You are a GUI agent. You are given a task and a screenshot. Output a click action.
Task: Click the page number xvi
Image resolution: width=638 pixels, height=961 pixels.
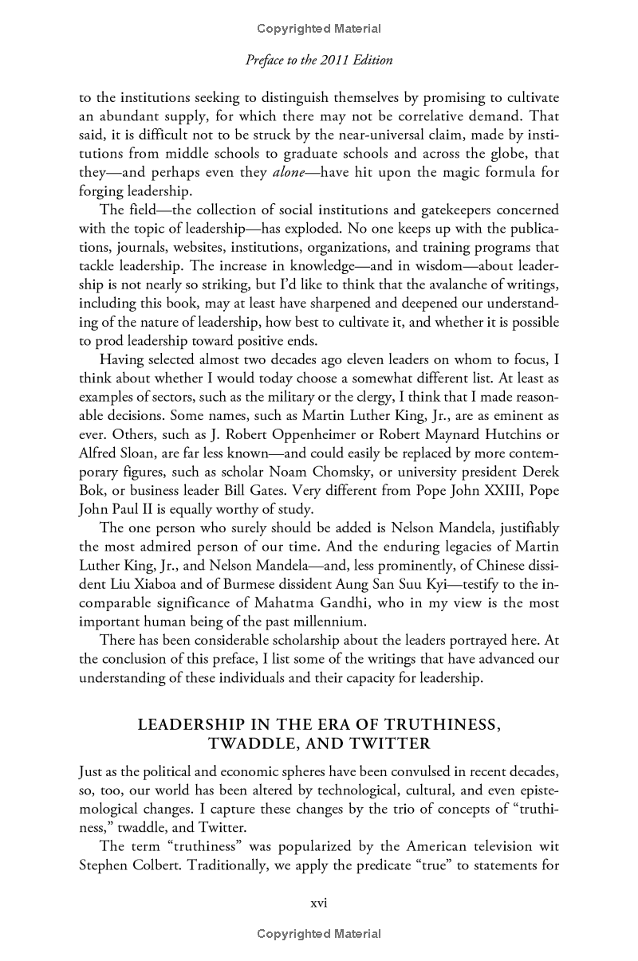(x=319, y=904)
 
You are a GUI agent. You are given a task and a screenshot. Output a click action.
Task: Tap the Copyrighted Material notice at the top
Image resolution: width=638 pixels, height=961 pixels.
(x=319, y=29)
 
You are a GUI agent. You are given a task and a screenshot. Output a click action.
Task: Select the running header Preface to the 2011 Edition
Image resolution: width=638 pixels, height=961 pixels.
(x=319, y=60)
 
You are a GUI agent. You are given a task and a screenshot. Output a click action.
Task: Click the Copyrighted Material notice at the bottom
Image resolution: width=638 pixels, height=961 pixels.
(x=319, y=934)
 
